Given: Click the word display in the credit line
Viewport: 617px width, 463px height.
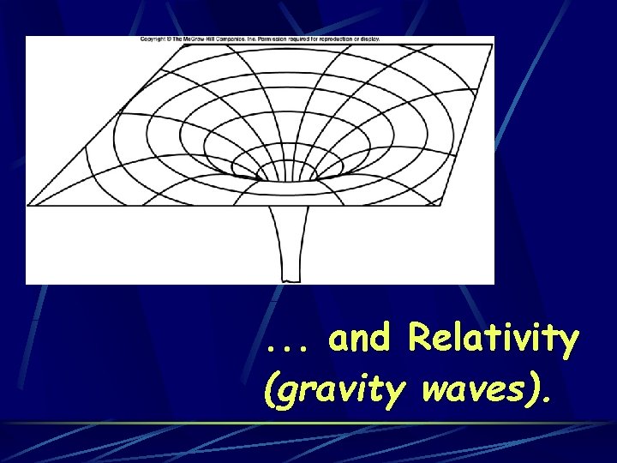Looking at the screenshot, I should [x=371, y=39].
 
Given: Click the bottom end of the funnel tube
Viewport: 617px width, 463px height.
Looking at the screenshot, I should [x=292, y=279].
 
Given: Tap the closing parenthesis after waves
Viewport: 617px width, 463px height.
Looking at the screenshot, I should [x=536, y=392].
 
